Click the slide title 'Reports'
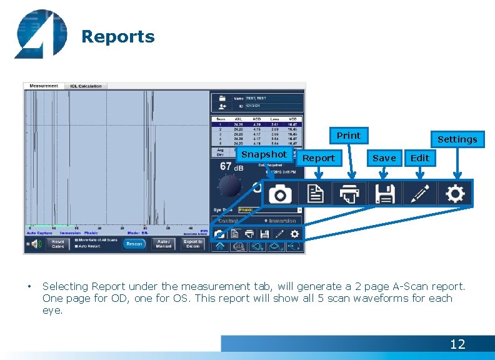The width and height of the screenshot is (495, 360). (118, 37)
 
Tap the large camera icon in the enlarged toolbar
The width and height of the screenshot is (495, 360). (281, 194)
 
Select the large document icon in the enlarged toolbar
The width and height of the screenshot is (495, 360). (316, 194)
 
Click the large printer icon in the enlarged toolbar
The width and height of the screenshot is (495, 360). (350, 194)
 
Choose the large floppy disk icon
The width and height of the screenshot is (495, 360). (385, 194)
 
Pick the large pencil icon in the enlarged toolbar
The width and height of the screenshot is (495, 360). (419, 194)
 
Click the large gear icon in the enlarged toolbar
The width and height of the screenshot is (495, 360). (454, 194)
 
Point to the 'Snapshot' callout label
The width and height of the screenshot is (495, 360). (264, 154)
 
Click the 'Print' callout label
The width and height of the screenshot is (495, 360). (348, 136)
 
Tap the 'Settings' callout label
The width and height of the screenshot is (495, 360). (457, 139)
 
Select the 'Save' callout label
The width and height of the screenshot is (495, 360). (384, 158)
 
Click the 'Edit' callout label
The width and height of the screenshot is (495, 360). (420, 158)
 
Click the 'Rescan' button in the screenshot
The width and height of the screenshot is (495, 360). (134, 244)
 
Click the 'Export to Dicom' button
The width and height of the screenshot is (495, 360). (193, 244)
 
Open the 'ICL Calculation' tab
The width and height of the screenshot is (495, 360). (86, 86)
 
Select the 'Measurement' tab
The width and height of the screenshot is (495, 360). (43, 86)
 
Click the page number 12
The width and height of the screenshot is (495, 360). (457, 344)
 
